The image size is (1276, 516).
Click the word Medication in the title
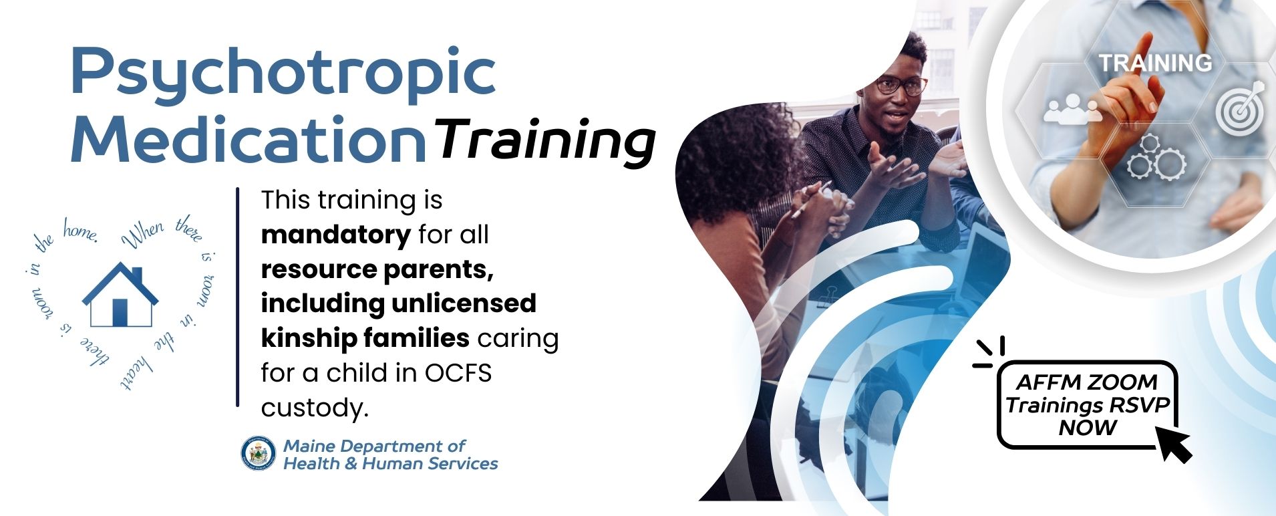click(x=249, y=138)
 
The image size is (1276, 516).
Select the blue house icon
click(x=120, y=295)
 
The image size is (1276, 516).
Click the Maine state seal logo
click(x=259, y=455)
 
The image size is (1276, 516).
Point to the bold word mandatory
click(x=335, y=235)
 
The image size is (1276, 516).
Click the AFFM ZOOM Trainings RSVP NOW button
click(x=1087, y=405)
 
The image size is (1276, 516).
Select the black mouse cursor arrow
click(x=1174, y=444)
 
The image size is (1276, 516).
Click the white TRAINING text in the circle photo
click(x=1155, y=63)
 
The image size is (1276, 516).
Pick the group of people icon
click(x=1073, y=109)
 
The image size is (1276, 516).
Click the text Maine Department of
click(x=374, y=446)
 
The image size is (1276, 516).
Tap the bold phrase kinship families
click(x=365, y=338)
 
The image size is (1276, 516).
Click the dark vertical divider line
click(x=237, y=297)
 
